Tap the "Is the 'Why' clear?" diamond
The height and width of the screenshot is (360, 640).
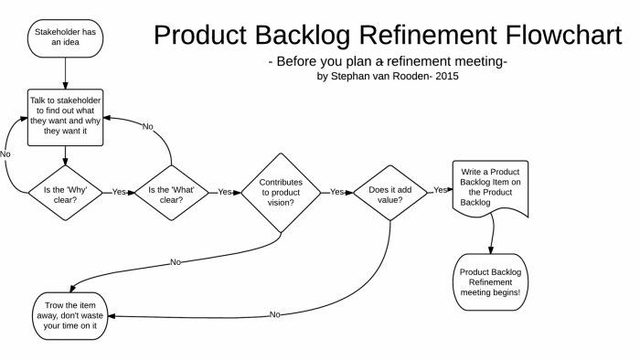coord(64,193)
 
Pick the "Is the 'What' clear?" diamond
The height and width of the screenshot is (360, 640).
coord(173,193)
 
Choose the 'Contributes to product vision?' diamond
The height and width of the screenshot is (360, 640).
coord(281,193)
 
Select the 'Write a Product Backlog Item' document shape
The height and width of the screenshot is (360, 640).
coord(493,186)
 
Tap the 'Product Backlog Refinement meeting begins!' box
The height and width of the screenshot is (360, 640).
coord(492,282)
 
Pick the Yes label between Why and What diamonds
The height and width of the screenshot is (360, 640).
coord(119,194)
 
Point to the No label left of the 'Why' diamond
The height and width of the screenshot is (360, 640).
coord(6,155)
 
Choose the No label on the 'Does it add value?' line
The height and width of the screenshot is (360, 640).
coord(274,315)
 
